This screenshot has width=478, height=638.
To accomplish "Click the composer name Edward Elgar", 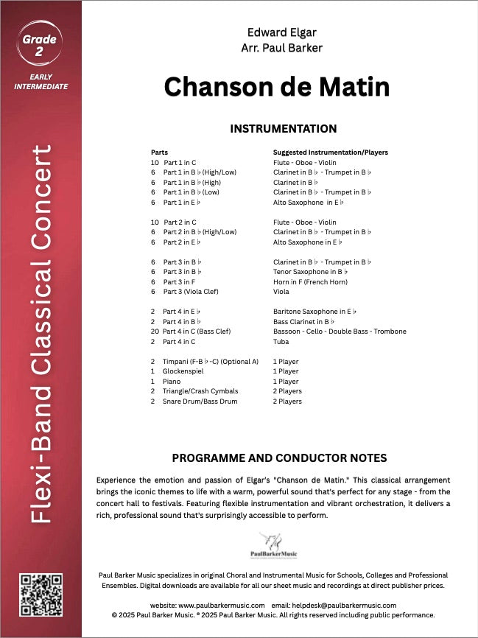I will pyautogui.click(x=282, y=33).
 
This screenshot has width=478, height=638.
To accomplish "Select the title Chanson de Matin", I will pyautogui.click(x=277, y=86).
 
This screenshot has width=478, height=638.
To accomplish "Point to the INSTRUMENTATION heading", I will pyautogui.click(x=284, y=129).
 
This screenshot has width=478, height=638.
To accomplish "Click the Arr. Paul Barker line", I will pyautogui.click(x=282, y=49).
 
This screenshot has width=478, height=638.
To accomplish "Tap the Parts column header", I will pyautogui.click(x=159, y=153).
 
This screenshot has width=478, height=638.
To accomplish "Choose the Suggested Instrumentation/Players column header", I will pyautogui.click(x=330, y=153).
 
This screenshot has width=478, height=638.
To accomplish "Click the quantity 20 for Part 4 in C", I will pyautogui.click(x=155, y=332).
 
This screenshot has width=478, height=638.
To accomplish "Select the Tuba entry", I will pyautogui.click(x=281, y=342).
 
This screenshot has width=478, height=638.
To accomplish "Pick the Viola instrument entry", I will pyautogui.click(x=281, y=292).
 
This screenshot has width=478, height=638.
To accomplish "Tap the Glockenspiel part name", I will pyautogui.click(x=183, y=371).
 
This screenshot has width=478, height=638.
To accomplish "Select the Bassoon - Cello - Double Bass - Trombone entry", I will pyautogui.click(x=340, y=332).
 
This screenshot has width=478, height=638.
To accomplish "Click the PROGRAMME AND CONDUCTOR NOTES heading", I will pyautogui.click(x=279, y=458).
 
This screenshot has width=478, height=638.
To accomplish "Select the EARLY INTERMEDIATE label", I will pyautogui.click(x=41, y=82).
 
